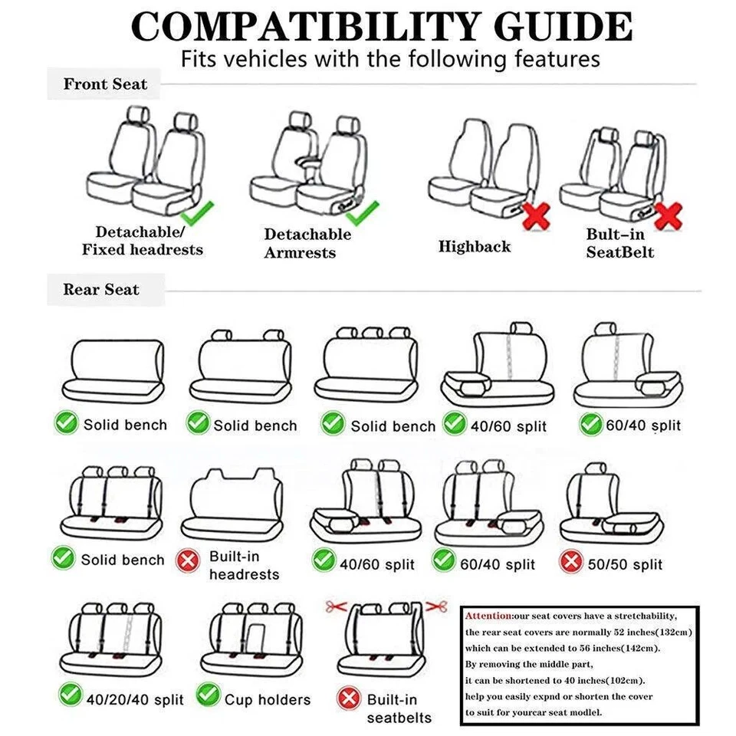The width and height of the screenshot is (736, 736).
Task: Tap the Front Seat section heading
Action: [105, 84]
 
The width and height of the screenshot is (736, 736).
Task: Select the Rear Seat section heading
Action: [101, 290]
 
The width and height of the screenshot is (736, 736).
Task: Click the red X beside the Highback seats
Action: [536, 216]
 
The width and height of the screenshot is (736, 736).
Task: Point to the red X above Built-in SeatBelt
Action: [669, 215]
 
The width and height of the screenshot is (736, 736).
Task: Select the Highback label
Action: [475, 247]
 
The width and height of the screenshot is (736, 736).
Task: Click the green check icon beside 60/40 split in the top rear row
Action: [590, 424]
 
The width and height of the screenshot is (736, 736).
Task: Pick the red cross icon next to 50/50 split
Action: [571, 563]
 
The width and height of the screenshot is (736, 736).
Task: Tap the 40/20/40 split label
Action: [135, 700]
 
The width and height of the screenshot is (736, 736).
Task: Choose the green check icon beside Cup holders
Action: [208, 696]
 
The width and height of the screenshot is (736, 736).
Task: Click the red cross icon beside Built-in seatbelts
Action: [350, 698]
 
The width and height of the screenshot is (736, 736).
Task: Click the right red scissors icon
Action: [437, 606]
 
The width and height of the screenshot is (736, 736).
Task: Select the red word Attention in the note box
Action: [488, 616]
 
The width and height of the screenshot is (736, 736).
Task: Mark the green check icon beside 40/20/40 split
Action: [71, 696]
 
